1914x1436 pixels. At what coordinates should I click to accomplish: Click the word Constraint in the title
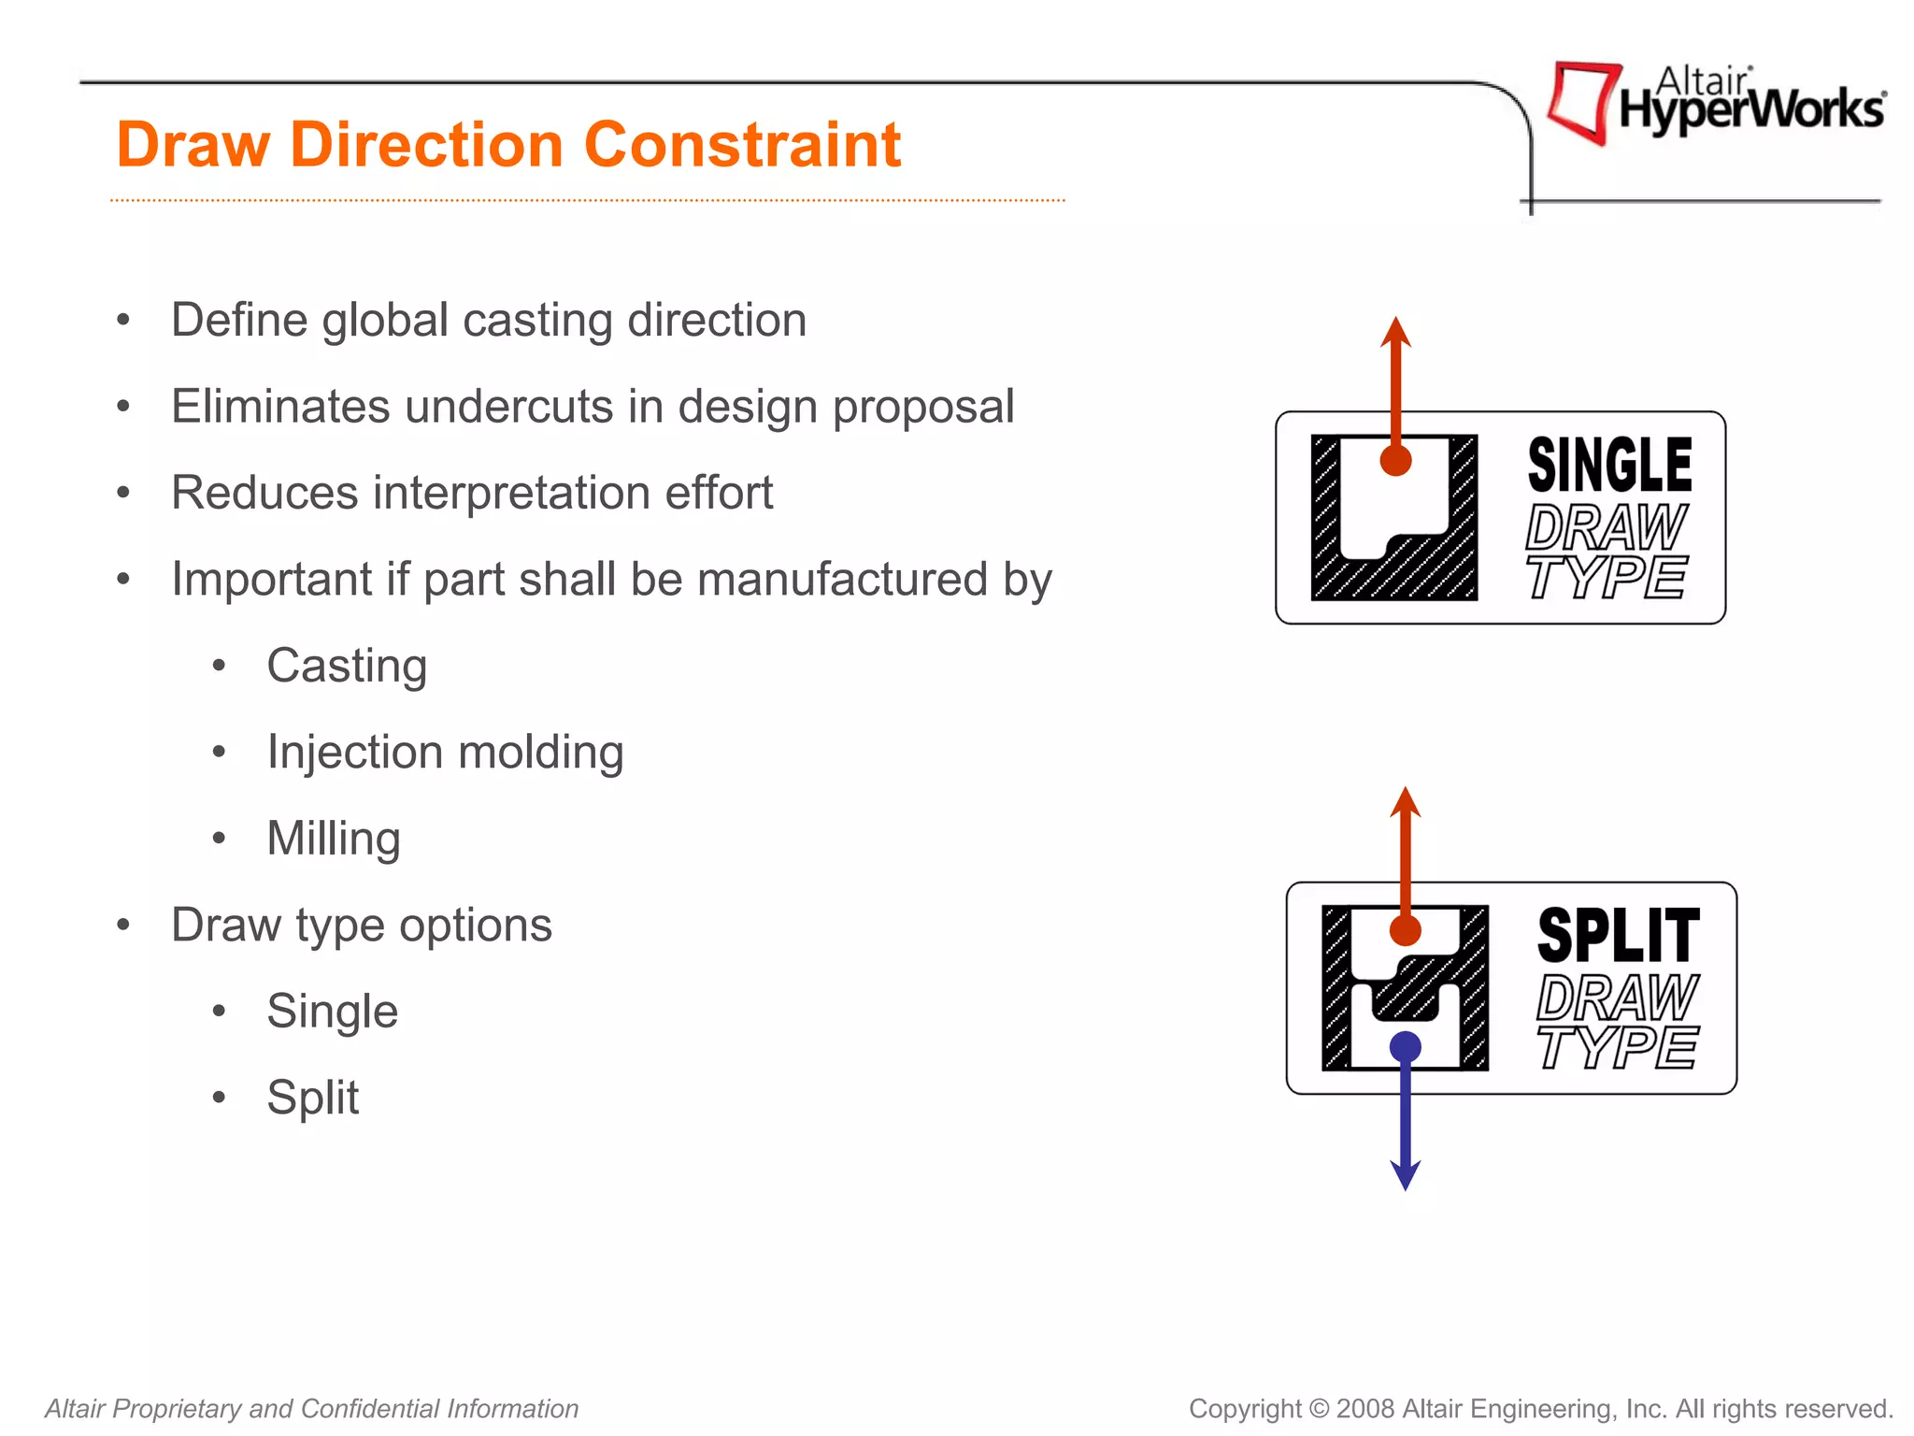click(742, 146)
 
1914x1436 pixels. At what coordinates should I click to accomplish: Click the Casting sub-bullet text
click(347, 666)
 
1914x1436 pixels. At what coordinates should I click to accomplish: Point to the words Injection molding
click(445, 753)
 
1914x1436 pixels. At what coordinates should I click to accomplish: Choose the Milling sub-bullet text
click(334, 839)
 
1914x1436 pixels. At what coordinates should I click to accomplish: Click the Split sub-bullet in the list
click(312, 1098)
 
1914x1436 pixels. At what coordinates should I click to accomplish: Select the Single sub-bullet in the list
click(332, 1012)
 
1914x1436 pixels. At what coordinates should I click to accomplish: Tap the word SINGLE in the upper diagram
click(1609, 466)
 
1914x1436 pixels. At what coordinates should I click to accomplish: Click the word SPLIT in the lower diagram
click(1619, 936)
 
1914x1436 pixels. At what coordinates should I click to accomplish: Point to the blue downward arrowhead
click(1406, 1174)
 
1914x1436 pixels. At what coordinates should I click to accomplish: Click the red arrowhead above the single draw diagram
click(1395, 333)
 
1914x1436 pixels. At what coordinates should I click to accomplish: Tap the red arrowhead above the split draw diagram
click(1406, 802)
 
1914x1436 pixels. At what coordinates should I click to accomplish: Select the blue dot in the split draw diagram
click(1406, 1047)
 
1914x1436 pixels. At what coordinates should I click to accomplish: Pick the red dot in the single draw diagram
click(1395, 460)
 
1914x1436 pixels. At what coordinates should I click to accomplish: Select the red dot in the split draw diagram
click(1406, 931)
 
